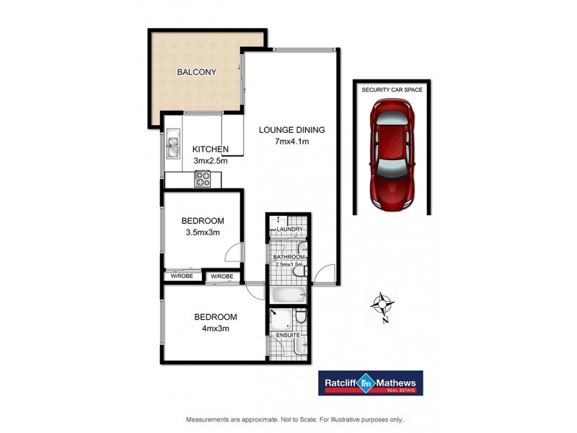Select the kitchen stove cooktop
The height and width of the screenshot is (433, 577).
pyautogui.click(x=203, y=179)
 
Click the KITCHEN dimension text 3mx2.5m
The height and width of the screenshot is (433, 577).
pyautogui.click(x=210, y=161)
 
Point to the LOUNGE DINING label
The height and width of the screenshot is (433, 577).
pyautogui.click(x=293, y=131)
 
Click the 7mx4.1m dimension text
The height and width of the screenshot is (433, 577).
pyautogui.click(x=293, y=141)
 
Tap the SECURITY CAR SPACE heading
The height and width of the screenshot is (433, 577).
pyautogui.click(x=392, y=89)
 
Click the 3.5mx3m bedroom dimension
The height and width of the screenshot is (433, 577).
pyautogui.click(x=202, y=232)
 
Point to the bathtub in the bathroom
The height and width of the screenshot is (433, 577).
pyautogui.click(x=288, y=294)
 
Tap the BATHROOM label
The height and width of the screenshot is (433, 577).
pyautogui.click(x=288, y=256)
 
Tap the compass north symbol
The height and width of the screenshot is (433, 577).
pyautogui.click(x=382, y=305)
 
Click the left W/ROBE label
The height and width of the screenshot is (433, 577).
pyautogui.click(x=181, y=276)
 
